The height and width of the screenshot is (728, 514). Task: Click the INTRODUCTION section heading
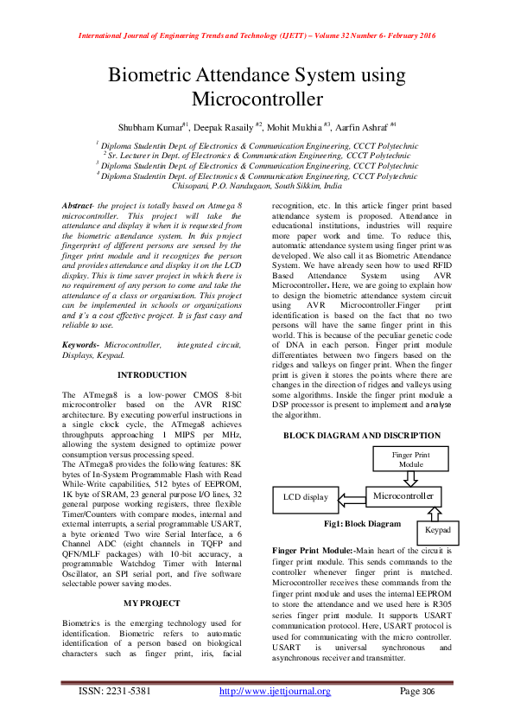point(151,375)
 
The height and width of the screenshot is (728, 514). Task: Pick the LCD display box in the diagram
point(305,497)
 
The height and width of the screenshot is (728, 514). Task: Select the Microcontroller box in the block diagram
point(402,496)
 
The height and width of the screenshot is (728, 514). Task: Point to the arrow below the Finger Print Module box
point(411,479)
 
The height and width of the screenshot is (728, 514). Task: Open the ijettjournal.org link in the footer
point(276,691)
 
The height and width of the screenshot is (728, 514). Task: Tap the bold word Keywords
point(79,344)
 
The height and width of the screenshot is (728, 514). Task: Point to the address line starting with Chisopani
point(257,186)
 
